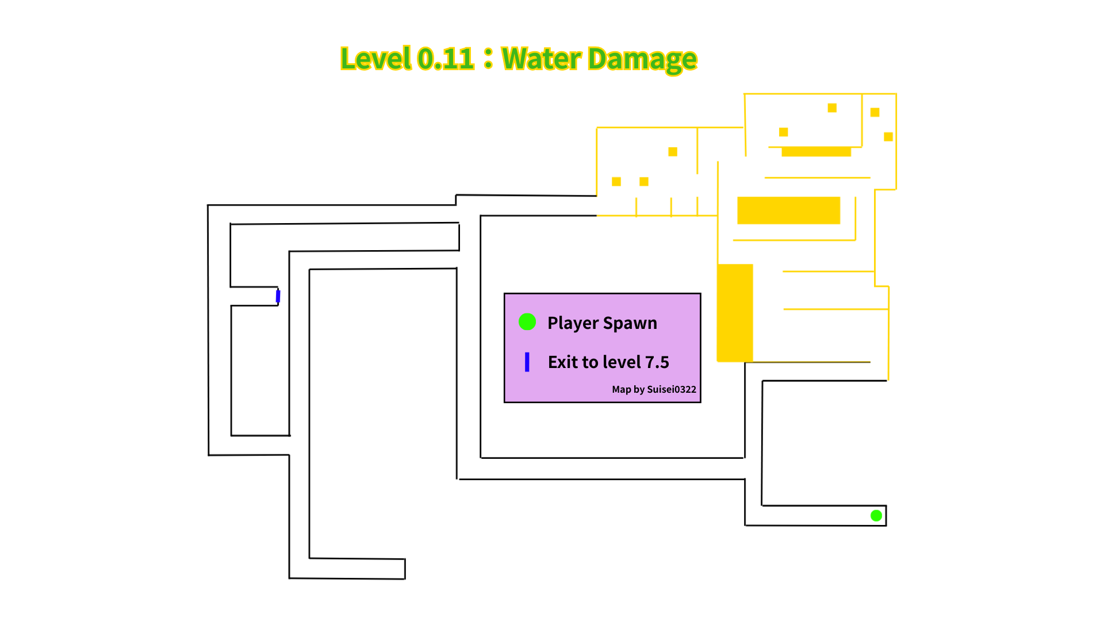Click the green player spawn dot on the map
(x=876, y=516)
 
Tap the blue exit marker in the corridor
(x=278, y=296)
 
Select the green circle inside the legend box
(x=527, y=322)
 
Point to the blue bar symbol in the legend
(x=527, y=362)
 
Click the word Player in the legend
(x=573, y=323)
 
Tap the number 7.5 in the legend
(x=657, y=362)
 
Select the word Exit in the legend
(x=562, y=362)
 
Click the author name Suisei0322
(x=672, y=389)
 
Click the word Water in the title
(x=542, y=59)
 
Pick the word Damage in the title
(x=642, y=59)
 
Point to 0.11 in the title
(x=446, y=59)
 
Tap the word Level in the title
(x=376, y=59)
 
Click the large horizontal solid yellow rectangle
(x=788, y=210)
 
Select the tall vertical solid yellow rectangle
(x=735, y=313)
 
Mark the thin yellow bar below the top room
(x=816, y=152)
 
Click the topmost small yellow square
(x=832, y=108)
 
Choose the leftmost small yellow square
(x=616, y=182)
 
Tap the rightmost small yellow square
(x=888, y=137)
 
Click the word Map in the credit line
(x=621, y=389)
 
